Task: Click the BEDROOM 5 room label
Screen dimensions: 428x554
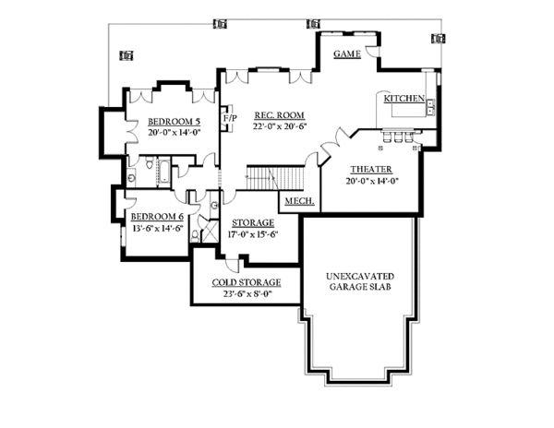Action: (174, 121)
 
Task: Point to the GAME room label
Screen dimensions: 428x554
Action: (346, 55)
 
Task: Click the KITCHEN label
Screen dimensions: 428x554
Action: (403, 98)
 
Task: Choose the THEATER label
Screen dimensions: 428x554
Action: (371, 170)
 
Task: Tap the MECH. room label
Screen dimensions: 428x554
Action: (296, 201)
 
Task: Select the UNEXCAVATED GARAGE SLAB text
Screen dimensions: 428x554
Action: (361, 280)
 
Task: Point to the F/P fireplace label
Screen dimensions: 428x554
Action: (228, 119)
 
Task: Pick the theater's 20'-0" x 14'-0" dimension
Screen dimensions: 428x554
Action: (371, 181)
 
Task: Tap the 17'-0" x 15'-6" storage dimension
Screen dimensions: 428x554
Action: (253, 234)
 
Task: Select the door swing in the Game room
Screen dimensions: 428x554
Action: (370, 53)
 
